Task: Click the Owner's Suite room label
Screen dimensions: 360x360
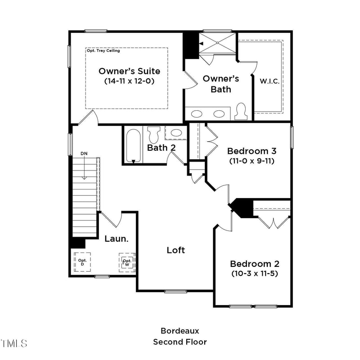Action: [129, 71]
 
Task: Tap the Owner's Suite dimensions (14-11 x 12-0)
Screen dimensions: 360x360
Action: [129, 81]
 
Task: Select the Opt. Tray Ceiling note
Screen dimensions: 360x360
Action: [103, 51]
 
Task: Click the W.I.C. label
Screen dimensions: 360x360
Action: [270, 81]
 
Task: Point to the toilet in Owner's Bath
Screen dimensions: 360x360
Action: [242, 112]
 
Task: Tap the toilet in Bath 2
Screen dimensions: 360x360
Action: [154, 134]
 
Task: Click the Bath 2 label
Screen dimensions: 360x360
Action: [161, 147]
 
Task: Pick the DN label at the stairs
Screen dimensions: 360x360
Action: [84, 154]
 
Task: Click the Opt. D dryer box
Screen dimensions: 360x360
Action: [82, 262]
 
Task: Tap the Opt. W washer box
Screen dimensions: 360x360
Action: [127, 262]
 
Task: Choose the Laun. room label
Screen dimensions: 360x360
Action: [117, 238]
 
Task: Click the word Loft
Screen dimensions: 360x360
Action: [175, 250]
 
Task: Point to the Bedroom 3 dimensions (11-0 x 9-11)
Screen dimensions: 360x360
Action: [251, 160]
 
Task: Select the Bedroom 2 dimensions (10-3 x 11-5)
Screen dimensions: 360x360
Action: [254, 273]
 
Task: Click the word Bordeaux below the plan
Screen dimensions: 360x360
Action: [180, 331]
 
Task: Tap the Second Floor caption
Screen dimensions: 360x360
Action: [180, 342]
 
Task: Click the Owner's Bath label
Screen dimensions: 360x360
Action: [220, 84]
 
